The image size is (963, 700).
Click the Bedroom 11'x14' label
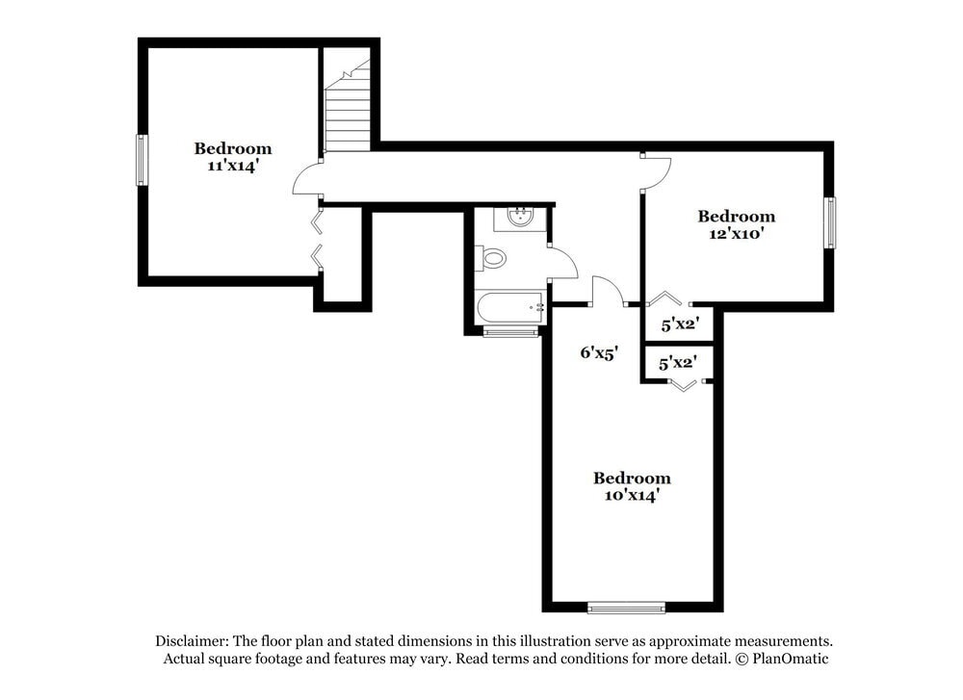(x=232, y=157)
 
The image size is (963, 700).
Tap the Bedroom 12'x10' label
(x=736, y=224)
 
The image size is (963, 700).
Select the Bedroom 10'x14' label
(x=632, y=486)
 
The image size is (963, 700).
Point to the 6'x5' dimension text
(x=597, y=352)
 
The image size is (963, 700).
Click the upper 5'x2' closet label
(x=679, y=325)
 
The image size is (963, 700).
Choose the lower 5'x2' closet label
(x=678, y=363)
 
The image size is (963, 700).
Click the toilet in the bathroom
(x=492, y=258)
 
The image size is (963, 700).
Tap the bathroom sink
(x=520, y=217)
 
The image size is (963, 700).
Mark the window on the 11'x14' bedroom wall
(x=142, y=160)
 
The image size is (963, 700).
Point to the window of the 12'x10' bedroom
(x=829, y=222)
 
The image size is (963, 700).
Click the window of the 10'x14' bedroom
(x=626, y=607)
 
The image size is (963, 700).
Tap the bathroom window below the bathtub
(x=510, y=333)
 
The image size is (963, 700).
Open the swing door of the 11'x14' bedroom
(x=306, y=179)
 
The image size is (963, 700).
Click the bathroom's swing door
(x=562, y=262)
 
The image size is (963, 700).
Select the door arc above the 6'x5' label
(x=606, y=290)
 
